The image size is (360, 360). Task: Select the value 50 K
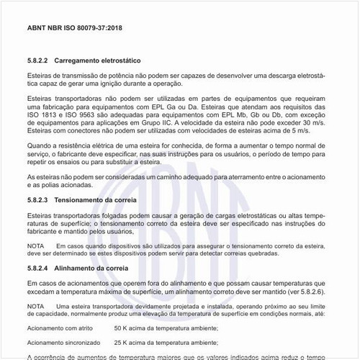click(x=122, y=328)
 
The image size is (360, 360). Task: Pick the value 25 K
click(x=122, y=343)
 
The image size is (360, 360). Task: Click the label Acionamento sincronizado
click(x=60, y=343)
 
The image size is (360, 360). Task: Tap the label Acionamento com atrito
click(x=57, y=328)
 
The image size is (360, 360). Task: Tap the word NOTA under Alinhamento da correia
click(x=35, y=305)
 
